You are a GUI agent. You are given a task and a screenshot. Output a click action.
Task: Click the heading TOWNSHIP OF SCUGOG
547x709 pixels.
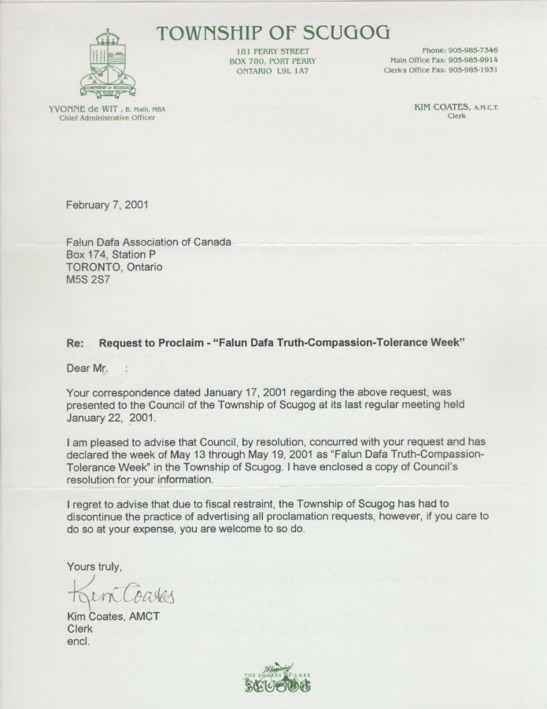tap(272, 32)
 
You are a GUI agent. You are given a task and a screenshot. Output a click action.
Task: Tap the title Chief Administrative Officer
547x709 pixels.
tap(107, 118)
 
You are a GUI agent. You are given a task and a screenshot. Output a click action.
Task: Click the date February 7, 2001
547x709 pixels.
tap(107, 205)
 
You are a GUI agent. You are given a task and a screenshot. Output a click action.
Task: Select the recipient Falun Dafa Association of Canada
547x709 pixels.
tap(149, 242)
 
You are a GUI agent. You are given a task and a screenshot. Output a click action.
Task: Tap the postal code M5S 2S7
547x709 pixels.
tap(88, 280)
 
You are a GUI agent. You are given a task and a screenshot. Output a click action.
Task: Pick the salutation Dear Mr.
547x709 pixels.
tap(83, 367)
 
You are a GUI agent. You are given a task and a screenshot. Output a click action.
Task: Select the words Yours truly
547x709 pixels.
tap(94, 566)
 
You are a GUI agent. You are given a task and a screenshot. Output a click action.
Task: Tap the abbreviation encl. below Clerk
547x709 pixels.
tap(79, 641)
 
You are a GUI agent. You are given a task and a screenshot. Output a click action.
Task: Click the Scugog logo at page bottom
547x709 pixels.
tap(277, 679)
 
